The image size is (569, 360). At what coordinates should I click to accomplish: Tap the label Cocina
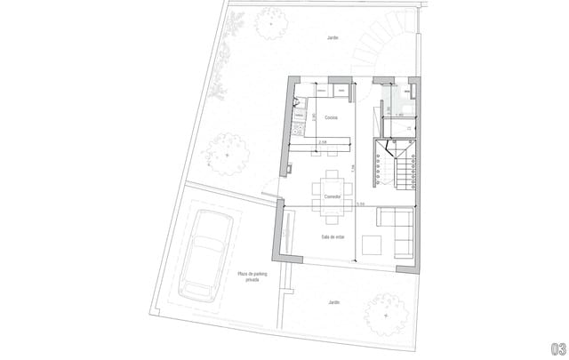click(331, 117)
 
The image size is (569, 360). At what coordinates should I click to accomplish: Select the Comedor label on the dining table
click(333, 196)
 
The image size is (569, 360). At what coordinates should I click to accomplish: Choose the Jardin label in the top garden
click(333, 38)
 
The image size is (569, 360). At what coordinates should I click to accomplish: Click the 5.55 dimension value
click(360, 204)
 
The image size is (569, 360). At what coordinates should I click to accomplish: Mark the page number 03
click(556, 348)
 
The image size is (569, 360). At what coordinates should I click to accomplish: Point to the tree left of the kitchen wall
click(228, 154)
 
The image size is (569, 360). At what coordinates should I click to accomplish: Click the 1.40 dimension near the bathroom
click(399, 116)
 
